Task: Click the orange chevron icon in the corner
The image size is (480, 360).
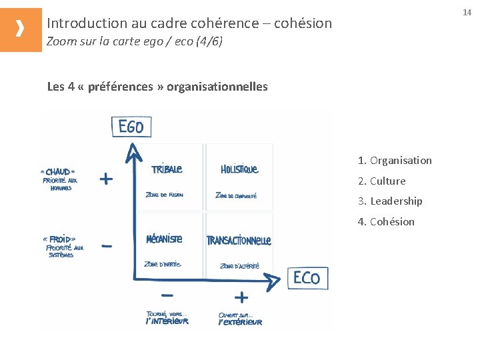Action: (21, 29)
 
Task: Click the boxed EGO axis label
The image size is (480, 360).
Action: (131, 127)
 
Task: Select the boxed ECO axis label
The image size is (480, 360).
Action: (307, 277)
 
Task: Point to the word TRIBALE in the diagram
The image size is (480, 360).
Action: (167, 169)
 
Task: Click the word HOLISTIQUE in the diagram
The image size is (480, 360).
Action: (239, 169)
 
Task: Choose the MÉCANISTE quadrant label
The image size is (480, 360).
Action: (164, 239)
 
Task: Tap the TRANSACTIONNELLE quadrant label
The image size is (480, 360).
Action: (239, 240)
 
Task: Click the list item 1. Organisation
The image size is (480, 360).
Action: (395, 160)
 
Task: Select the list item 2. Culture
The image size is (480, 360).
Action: (381, 181)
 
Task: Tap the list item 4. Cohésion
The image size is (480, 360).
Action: (386, 221)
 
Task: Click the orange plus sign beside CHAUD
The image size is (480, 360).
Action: (106, 179)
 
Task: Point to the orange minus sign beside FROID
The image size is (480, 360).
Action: (107, 247)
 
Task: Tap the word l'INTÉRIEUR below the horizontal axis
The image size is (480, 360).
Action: (167, 321)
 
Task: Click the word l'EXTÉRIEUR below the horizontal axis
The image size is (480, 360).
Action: (240, 322)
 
